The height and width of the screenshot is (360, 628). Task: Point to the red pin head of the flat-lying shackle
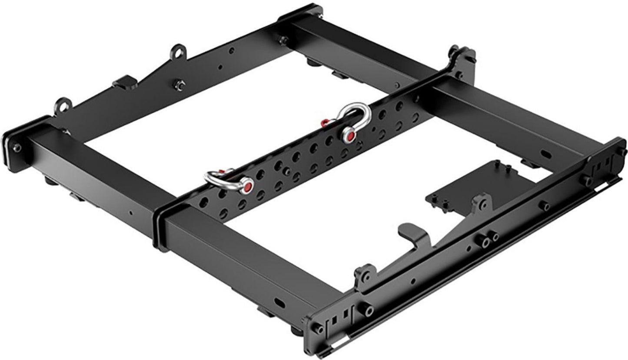click(x=247, y=187)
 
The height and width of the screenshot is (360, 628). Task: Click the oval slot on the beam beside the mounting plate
click(x=545, y=154)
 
